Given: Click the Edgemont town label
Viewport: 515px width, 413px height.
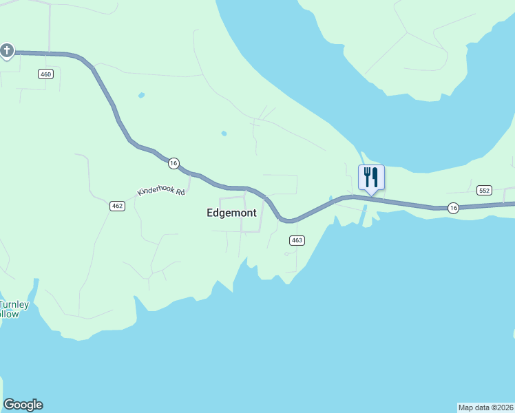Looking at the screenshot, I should [231, 213].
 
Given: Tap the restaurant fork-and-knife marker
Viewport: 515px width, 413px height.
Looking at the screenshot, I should [371, 178].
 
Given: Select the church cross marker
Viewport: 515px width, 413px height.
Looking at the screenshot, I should [7, 51].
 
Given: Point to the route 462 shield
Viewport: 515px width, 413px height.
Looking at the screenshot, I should [117, 206].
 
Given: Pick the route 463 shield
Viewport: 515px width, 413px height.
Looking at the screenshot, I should [296, 240].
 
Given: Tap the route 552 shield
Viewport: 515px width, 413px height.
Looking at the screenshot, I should [484, 190].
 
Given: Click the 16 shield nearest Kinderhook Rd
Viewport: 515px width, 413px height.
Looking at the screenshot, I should [173, 163].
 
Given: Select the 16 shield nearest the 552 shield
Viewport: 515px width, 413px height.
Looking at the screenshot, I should [452, 207].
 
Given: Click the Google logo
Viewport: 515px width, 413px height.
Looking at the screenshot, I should [23, 405].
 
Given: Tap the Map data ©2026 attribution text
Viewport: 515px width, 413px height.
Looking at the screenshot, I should [486, 407].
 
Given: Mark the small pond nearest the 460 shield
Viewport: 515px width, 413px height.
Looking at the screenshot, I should [141, 95].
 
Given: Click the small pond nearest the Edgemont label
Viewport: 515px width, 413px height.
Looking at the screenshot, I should [223, 133].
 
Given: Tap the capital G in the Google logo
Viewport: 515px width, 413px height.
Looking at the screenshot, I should [9, 405].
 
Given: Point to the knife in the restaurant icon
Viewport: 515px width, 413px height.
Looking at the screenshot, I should [376, 178].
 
